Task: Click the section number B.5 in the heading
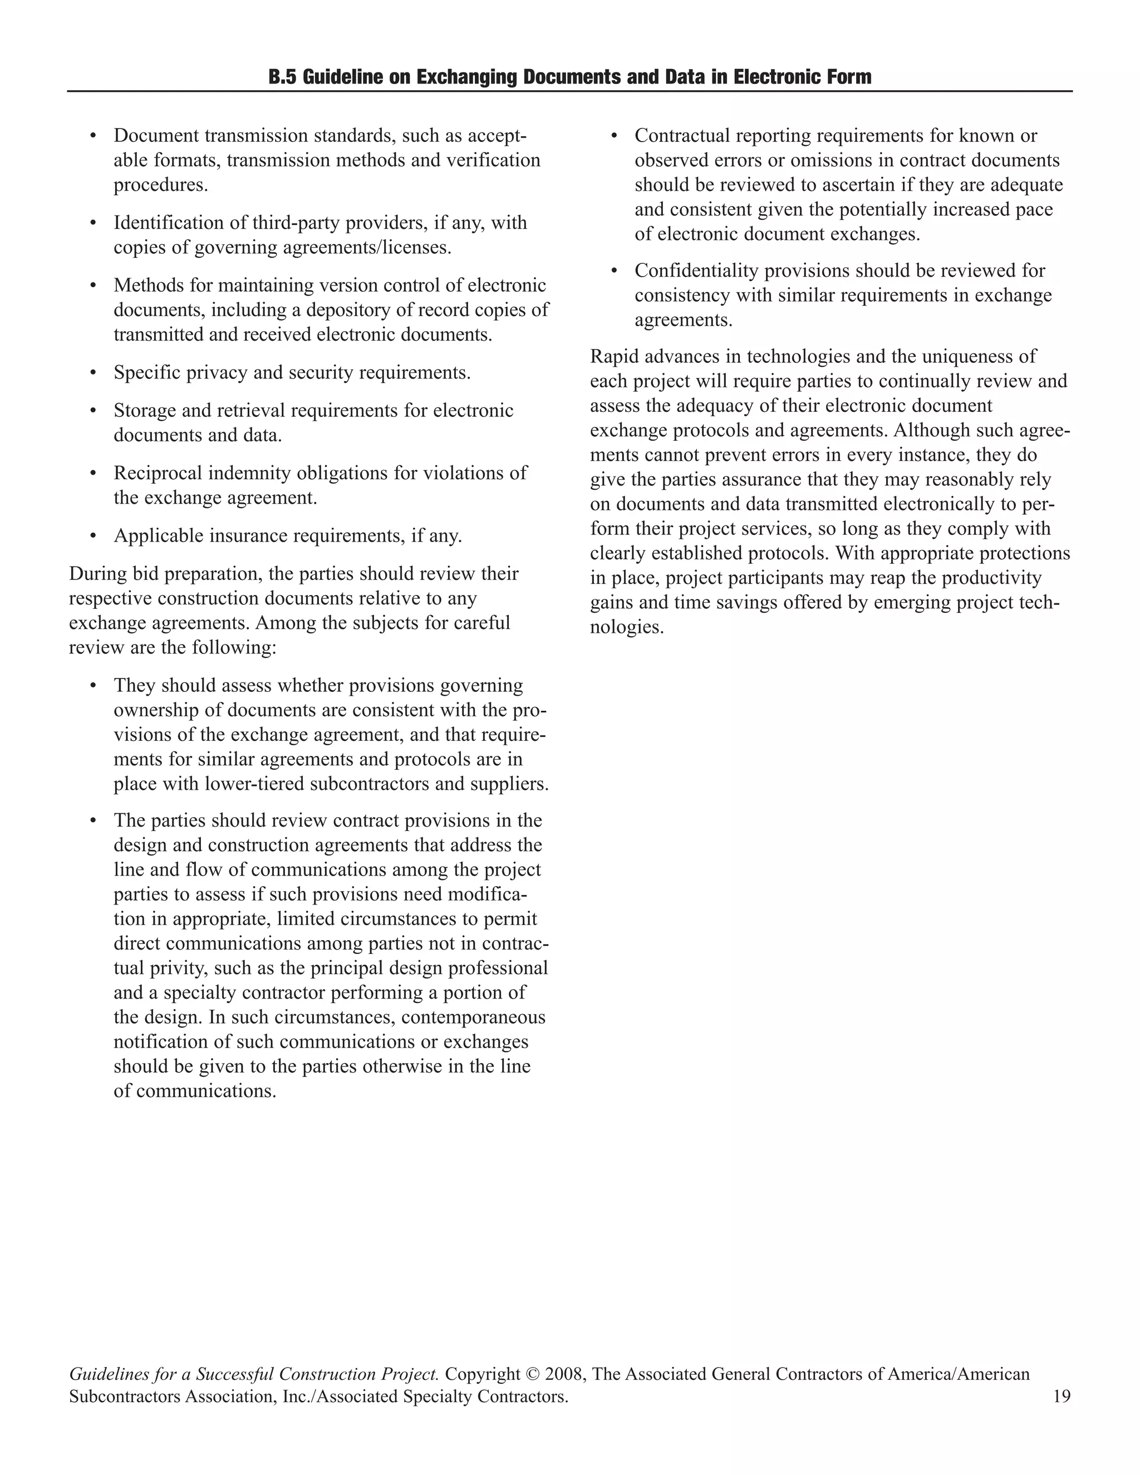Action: [282, 77]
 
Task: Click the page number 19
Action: [1061, 1396]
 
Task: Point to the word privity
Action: [183, 968]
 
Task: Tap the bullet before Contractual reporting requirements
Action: [615, 136]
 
